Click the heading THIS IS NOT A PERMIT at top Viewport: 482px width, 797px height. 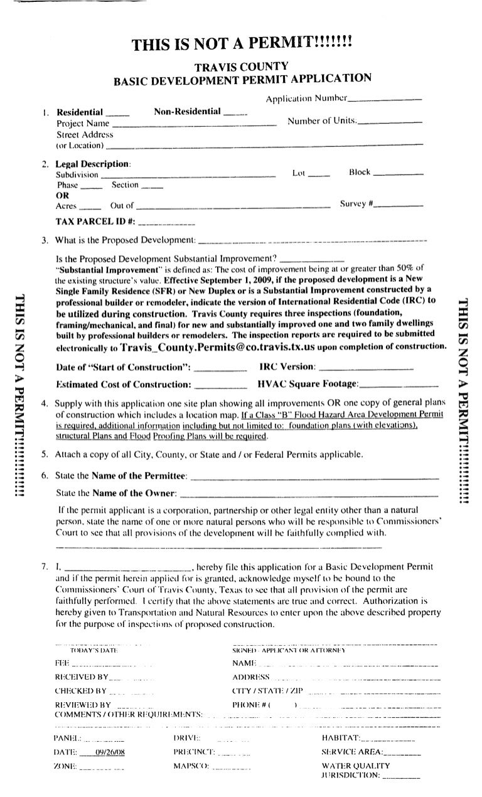242,45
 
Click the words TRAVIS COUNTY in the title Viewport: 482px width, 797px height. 241,66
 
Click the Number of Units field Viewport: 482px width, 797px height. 390,123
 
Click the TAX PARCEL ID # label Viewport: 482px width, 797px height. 95,222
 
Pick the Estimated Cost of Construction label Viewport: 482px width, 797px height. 123,384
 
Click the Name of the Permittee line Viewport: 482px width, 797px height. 313,479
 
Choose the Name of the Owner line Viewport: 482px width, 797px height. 309,495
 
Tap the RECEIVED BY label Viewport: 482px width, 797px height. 81,677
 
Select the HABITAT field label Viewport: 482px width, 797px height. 341,737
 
